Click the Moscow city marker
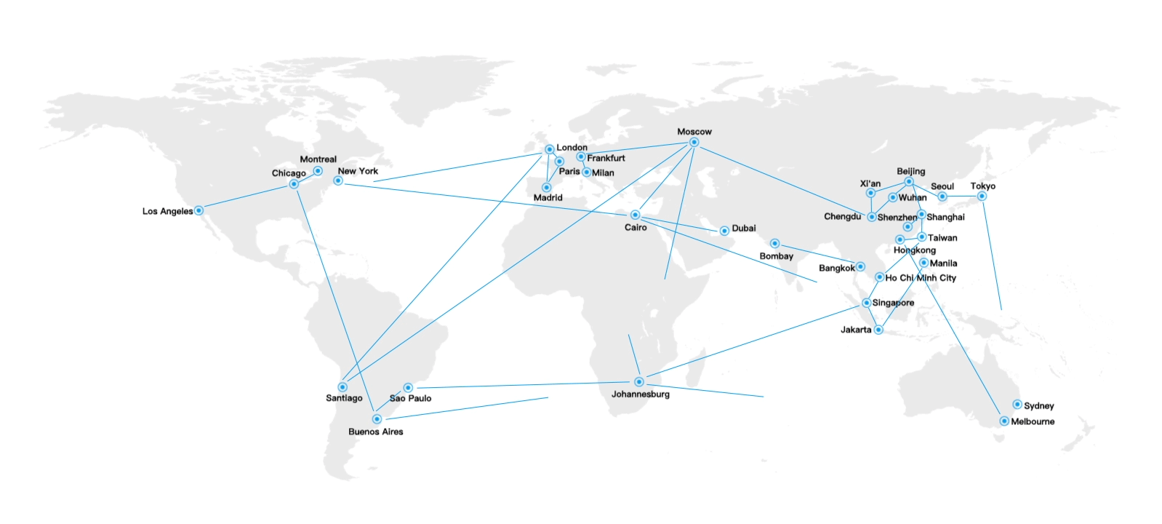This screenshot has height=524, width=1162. tap(694, 143)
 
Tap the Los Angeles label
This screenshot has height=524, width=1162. tap(167, 211)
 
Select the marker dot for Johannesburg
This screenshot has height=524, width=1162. tap(638, 382)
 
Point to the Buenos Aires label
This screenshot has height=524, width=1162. tap(375, 432)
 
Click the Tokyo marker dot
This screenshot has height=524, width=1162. tap(982, 196)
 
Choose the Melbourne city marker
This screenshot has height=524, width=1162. tap(1004, 421)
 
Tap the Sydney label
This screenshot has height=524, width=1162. tap(1038, 406)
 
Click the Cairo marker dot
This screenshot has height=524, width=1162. tap(635, 215)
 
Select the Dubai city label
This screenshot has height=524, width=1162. tap(744, 229)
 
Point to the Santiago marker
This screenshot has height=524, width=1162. tap(342, 387)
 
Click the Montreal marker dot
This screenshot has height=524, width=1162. tap(318, 171)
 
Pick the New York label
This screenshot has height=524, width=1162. tap(358, 171)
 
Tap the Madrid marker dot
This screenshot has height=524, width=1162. tap(547, 188)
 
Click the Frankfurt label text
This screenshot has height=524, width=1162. tap(606, 158)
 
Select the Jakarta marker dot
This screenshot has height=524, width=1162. tap(878, 330)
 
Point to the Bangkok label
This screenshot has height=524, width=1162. tap(837, 269)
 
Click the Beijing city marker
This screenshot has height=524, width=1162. tap(909, 182)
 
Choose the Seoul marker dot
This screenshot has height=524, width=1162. tap(942, 196)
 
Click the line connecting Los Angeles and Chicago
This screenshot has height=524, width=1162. tap(246, 197)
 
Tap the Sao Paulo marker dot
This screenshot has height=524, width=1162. tap(408, 388)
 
